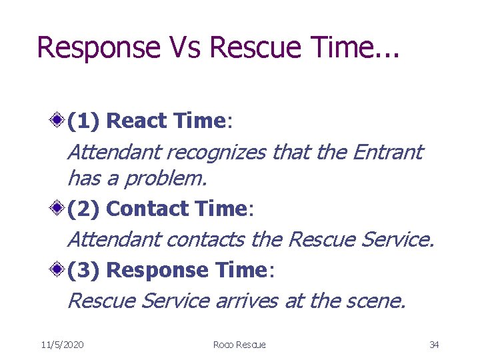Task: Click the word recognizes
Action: [x=217, y=153]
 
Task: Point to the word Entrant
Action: [x=387, y=153]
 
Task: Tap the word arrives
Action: [x=247, y=301]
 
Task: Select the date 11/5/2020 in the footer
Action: [x=62, y=345]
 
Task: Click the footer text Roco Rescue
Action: [x=239, y=345]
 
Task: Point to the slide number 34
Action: [x=434, y=345]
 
